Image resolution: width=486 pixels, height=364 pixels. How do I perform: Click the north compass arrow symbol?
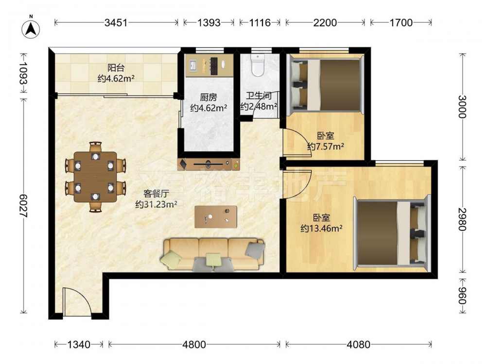pos(31,28)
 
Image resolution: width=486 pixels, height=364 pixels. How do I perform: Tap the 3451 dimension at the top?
pos(116,23)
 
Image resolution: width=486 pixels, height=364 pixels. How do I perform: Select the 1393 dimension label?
pos(209,23)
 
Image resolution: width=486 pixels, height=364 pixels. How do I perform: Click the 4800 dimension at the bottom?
pos(194,344)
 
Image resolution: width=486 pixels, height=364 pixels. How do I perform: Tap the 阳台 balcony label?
pos(116,68)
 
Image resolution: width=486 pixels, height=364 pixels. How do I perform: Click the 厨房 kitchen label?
pos(208,98)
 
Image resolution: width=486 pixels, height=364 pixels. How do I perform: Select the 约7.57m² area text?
pos(326,146)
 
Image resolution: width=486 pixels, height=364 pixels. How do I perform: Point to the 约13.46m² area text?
pos(321,229)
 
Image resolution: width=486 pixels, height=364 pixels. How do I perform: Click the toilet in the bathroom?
pos(257,65)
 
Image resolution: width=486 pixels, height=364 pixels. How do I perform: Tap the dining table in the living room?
pos(95,177)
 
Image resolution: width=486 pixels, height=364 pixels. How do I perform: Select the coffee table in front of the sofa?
pos(216,217)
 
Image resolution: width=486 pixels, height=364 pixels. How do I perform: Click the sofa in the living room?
pos(213,254)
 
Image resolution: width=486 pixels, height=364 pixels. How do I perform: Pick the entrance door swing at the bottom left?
pos(77,302)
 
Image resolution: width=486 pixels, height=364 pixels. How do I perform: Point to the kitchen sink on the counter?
pos(192,66)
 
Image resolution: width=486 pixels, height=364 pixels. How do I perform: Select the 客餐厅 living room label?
pos(156,194)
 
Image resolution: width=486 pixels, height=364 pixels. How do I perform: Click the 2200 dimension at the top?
pos(325,23)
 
